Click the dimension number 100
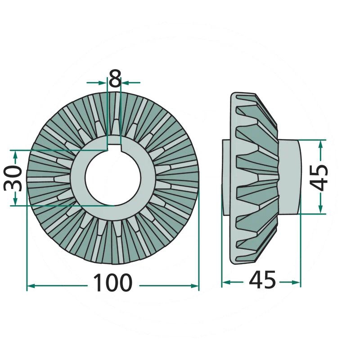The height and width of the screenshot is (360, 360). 113,283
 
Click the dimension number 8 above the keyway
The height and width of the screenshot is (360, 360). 115,78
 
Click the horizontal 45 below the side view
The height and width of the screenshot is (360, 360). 262,279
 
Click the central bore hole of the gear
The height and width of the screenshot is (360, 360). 113,177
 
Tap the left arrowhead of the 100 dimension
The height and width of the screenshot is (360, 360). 31,286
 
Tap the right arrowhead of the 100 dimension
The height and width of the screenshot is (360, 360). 195,286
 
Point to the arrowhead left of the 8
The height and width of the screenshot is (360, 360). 103,82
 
